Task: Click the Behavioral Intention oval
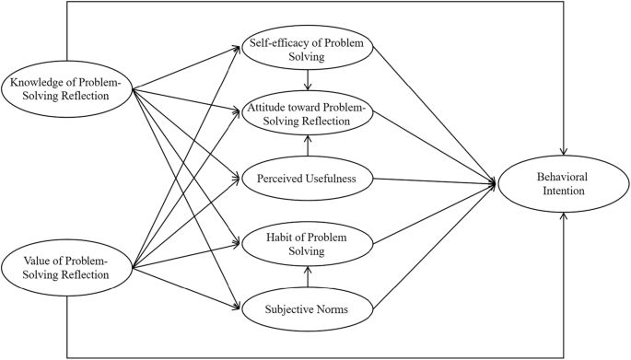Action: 563,184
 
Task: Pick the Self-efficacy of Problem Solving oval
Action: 307,50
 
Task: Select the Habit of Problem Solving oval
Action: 307,242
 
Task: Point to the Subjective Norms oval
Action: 307,309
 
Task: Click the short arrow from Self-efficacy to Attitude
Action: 307,83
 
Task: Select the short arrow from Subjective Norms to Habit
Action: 307,276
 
